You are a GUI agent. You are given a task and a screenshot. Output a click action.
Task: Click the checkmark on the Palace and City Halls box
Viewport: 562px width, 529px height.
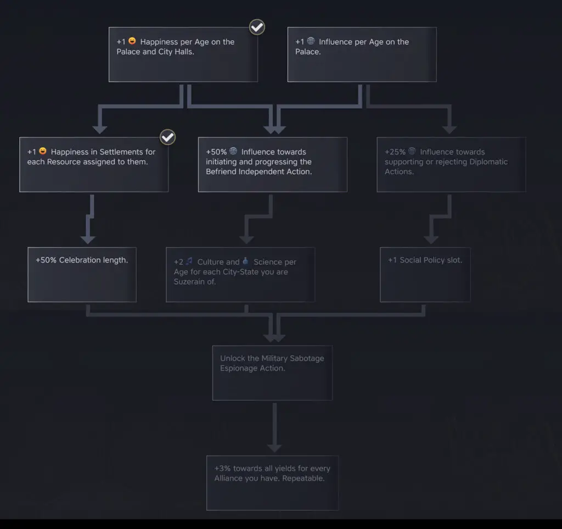(x=257, y=27)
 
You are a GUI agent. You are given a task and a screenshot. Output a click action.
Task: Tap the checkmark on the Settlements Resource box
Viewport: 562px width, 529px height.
(x=167, y=137)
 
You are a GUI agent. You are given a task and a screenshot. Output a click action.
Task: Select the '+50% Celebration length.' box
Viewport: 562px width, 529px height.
(x=82, y=275)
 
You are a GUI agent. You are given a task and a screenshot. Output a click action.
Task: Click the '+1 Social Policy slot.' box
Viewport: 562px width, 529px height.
(x=425, y=275)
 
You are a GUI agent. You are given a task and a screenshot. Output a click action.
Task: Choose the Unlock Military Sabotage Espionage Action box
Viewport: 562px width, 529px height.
(x=272, y=373)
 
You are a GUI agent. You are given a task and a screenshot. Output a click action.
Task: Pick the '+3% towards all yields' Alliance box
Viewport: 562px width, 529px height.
(x=272, y=483)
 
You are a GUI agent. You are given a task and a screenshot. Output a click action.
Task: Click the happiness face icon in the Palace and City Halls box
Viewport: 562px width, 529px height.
(x=132, y=41)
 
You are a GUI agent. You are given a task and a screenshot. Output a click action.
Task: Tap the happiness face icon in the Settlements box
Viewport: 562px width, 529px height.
(x=43, y=151)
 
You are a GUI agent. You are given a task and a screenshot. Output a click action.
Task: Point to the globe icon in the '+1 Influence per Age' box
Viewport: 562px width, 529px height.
(x=311, y=41)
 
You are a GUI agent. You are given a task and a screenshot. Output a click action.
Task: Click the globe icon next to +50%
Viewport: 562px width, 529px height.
(x=233, y=151)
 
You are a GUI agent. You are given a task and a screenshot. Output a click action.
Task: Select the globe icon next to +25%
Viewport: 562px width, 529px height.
(x=412, y=151)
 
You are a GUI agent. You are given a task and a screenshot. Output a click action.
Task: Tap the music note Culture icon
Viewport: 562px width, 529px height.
(x=189, y=261)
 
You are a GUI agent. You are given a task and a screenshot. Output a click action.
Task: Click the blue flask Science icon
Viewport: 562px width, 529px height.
(x=245, y=261)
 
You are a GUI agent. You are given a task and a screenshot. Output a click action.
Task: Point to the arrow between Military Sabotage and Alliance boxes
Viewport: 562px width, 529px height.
(x=274, y=427)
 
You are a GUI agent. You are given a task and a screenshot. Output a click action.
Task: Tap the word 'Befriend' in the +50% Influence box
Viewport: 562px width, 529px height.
(x=221, y=172)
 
